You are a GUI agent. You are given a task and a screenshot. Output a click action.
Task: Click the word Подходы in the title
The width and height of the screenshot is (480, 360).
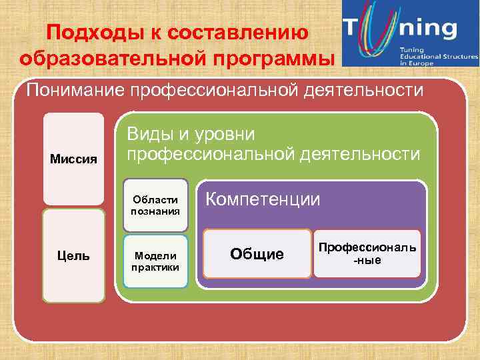coord(83,33)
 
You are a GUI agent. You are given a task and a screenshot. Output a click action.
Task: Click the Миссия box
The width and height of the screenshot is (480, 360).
coord(73,159)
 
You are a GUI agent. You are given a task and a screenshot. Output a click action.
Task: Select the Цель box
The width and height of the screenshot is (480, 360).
coord(73,255)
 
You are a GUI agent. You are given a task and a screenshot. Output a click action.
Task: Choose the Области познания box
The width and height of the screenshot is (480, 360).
coord(156,201)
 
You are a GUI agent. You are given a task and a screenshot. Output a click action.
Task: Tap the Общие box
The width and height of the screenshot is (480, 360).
coord(257,254)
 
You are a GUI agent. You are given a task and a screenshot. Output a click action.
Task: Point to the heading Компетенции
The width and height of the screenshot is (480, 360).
coord(263,199)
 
